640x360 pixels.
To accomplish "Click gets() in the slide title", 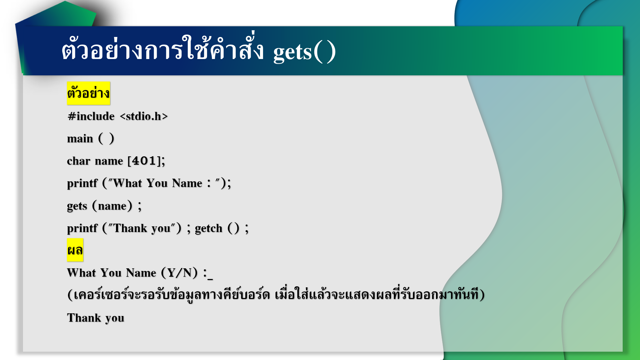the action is point(304,52).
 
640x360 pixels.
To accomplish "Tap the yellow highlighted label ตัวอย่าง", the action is point(88,93).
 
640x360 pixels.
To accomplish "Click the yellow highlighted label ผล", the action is point(75,250).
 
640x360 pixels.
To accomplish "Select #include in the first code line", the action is point(91,116).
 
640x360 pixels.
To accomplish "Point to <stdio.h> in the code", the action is point(144,116).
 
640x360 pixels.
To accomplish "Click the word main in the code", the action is point(80,139).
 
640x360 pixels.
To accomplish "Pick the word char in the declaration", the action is point(79,161).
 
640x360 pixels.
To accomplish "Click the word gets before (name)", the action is point(77,206).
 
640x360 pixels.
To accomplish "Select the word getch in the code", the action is point(209,228).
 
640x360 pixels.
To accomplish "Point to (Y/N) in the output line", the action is point(179,273).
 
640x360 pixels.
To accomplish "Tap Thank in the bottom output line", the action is point(84,318).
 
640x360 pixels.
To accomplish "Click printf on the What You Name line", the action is point(82,184).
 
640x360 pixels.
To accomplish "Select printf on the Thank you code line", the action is point(82,229).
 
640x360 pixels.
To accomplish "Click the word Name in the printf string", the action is point(187,183).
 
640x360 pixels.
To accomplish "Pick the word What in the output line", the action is point(81,273).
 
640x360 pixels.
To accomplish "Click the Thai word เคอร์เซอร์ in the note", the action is point(100,295).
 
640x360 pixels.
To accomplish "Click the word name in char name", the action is point(109,161).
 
